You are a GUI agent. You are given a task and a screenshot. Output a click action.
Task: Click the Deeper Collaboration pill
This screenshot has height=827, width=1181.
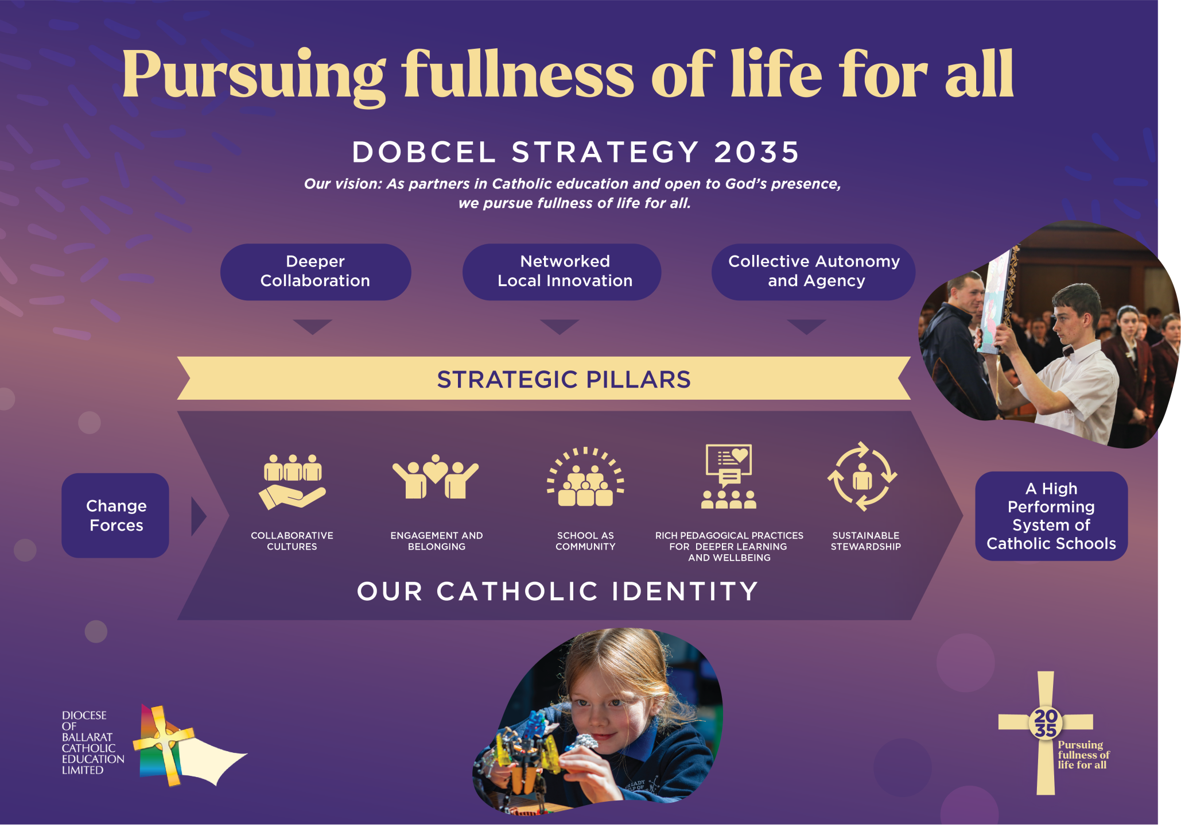[x=316, y=272]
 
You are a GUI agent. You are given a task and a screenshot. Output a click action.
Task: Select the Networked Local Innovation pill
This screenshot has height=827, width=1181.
[x=562, y=272]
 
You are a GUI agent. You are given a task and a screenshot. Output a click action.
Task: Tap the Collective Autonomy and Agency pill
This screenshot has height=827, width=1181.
[x=813, y=272]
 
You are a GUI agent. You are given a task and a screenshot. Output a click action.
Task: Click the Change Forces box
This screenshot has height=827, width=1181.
[x=115, y=515]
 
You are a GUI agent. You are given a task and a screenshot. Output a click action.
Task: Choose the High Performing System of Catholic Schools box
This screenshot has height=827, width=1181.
[x=1051, y=516]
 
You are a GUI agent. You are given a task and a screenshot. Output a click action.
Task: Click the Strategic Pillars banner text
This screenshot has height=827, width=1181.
[x=564, y=379]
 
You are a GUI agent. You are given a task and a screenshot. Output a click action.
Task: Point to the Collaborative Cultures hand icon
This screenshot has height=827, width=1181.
[x=293, y=481]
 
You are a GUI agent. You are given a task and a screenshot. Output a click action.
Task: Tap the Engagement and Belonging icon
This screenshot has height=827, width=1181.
[x=435, y=476]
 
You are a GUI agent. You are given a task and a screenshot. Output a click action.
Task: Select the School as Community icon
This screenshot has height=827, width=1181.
[x=585, y=477]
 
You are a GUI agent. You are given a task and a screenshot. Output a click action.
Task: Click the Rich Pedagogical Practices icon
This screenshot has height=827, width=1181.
[x=729, y=476]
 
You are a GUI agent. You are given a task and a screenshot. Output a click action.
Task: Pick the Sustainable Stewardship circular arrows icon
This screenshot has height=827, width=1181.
[x=862, y=476]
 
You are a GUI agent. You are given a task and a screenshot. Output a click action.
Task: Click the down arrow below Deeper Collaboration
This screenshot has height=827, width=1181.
[x=313, y=327]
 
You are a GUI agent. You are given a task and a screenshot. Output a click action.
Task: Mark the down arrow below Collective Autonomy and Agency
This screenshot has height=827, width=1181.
[x=807, y=327]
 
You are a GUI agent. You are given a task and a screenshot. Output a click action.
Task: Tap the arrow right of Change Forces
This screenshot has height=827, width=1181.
[x=199, y=516]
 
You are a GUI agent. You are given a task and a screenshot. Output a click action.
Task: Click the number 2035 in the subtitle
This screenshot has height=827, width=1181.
[x=757, y=152]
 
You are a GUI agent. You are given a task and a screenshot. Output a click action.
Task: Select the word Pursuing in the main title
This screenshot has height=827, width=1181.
[x=254, y=76]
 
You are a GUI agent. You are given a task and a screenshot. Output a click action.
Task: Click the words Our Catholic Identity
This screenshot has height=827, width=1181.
[x=558, y=591]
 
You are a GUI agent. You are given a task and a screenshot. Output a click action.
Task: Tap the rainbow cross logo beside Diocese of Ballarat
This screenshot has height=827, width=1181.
[x=189, y=745]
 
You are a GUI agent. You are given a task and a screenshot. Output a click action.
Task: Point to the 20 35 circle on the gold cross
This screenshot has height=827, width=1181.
[x=1046, y=723]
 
